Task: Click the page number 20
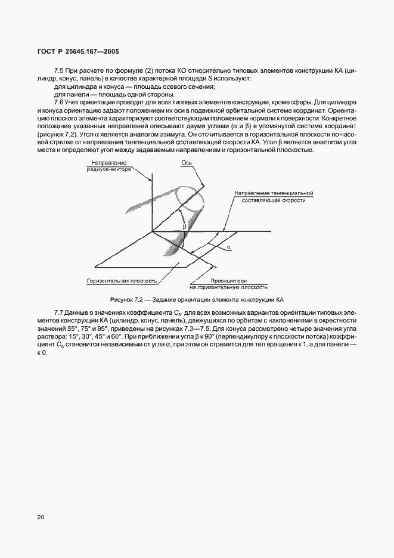(40, 517)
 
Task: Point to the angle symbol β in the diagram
(185, 227)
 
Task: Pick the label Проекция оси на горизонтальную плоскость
(232, 283)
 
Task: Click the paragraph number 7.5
(58, 70)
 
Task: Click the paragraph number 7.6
(58, 102)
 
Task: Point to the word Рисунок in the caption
(122, 298)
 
